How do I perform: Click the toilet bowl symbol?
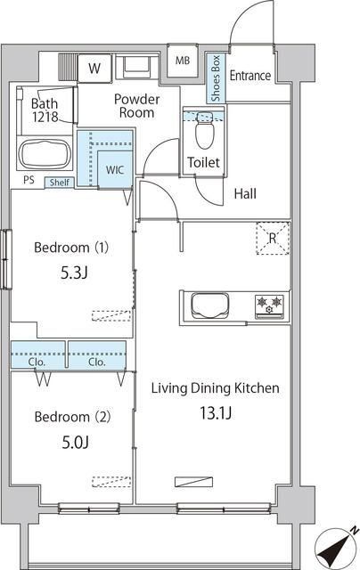tap(204, 131)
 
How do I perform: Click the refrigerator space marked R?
tap(273, 238)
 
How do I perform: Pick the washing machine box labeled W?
tap(94, 68)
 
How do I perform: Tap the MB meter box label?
tap(183, 61)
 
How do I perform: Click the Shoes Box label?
tap(216, 78)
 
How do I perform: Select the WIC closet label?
tap(115, 169)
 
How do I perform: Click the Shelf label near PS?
tap(60, 182)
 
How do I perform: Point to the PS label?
tap(29, 180)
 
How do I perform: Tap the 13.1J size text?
tap(216, 413)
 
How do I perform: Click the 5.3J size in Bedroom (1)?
tap(74, 273)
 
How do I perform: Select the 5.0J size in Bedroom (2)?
tap(75, 442)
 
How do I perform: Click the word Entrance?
tap(250, 76)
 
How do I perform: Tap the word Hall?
tap(245, 193)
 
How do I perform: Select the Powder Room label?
tap(136, 106)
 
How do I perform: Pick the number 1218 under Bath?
tap(45, 117)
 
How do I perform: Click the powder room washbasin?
tap(136, 67)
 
